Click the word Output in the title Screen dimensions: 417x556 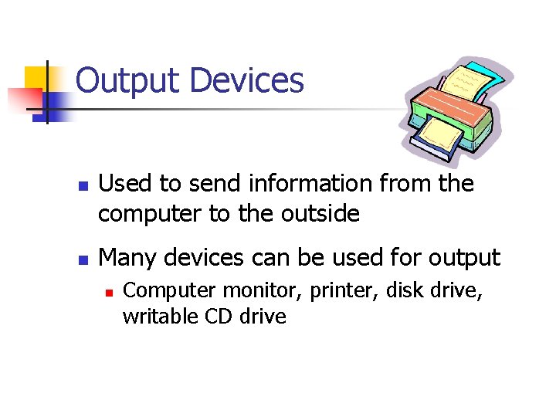128,81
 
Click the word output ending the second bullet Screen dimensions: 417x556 459,258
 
